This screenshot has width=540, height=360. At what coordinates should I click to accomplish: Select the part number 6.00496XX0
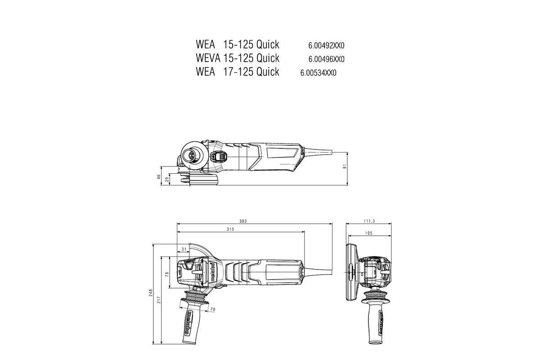click(326, 59)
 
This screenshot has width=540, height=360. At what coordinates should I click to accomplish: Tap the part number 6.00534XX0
click(318, 72)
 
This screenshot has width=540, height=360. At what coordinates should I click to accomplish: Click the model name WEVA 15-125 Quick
click(238, 58)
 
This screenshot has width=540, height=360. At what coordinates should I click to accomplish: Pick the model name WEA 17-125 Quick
click(238, 72)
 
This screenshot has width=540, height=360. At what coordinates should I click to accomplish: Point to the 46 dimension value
click(159, 177)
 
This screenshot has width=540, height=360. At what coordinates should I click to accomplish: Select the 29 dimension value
click(167, 180)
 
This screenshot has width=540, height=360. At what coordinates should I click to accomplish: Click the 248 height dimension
click(151, 293)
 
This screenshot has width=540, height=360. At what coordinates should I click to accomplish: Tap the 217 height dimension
click(159, 300)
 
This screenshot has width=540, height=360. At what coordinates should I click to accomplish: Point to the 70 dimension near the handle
click(213, 309)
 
